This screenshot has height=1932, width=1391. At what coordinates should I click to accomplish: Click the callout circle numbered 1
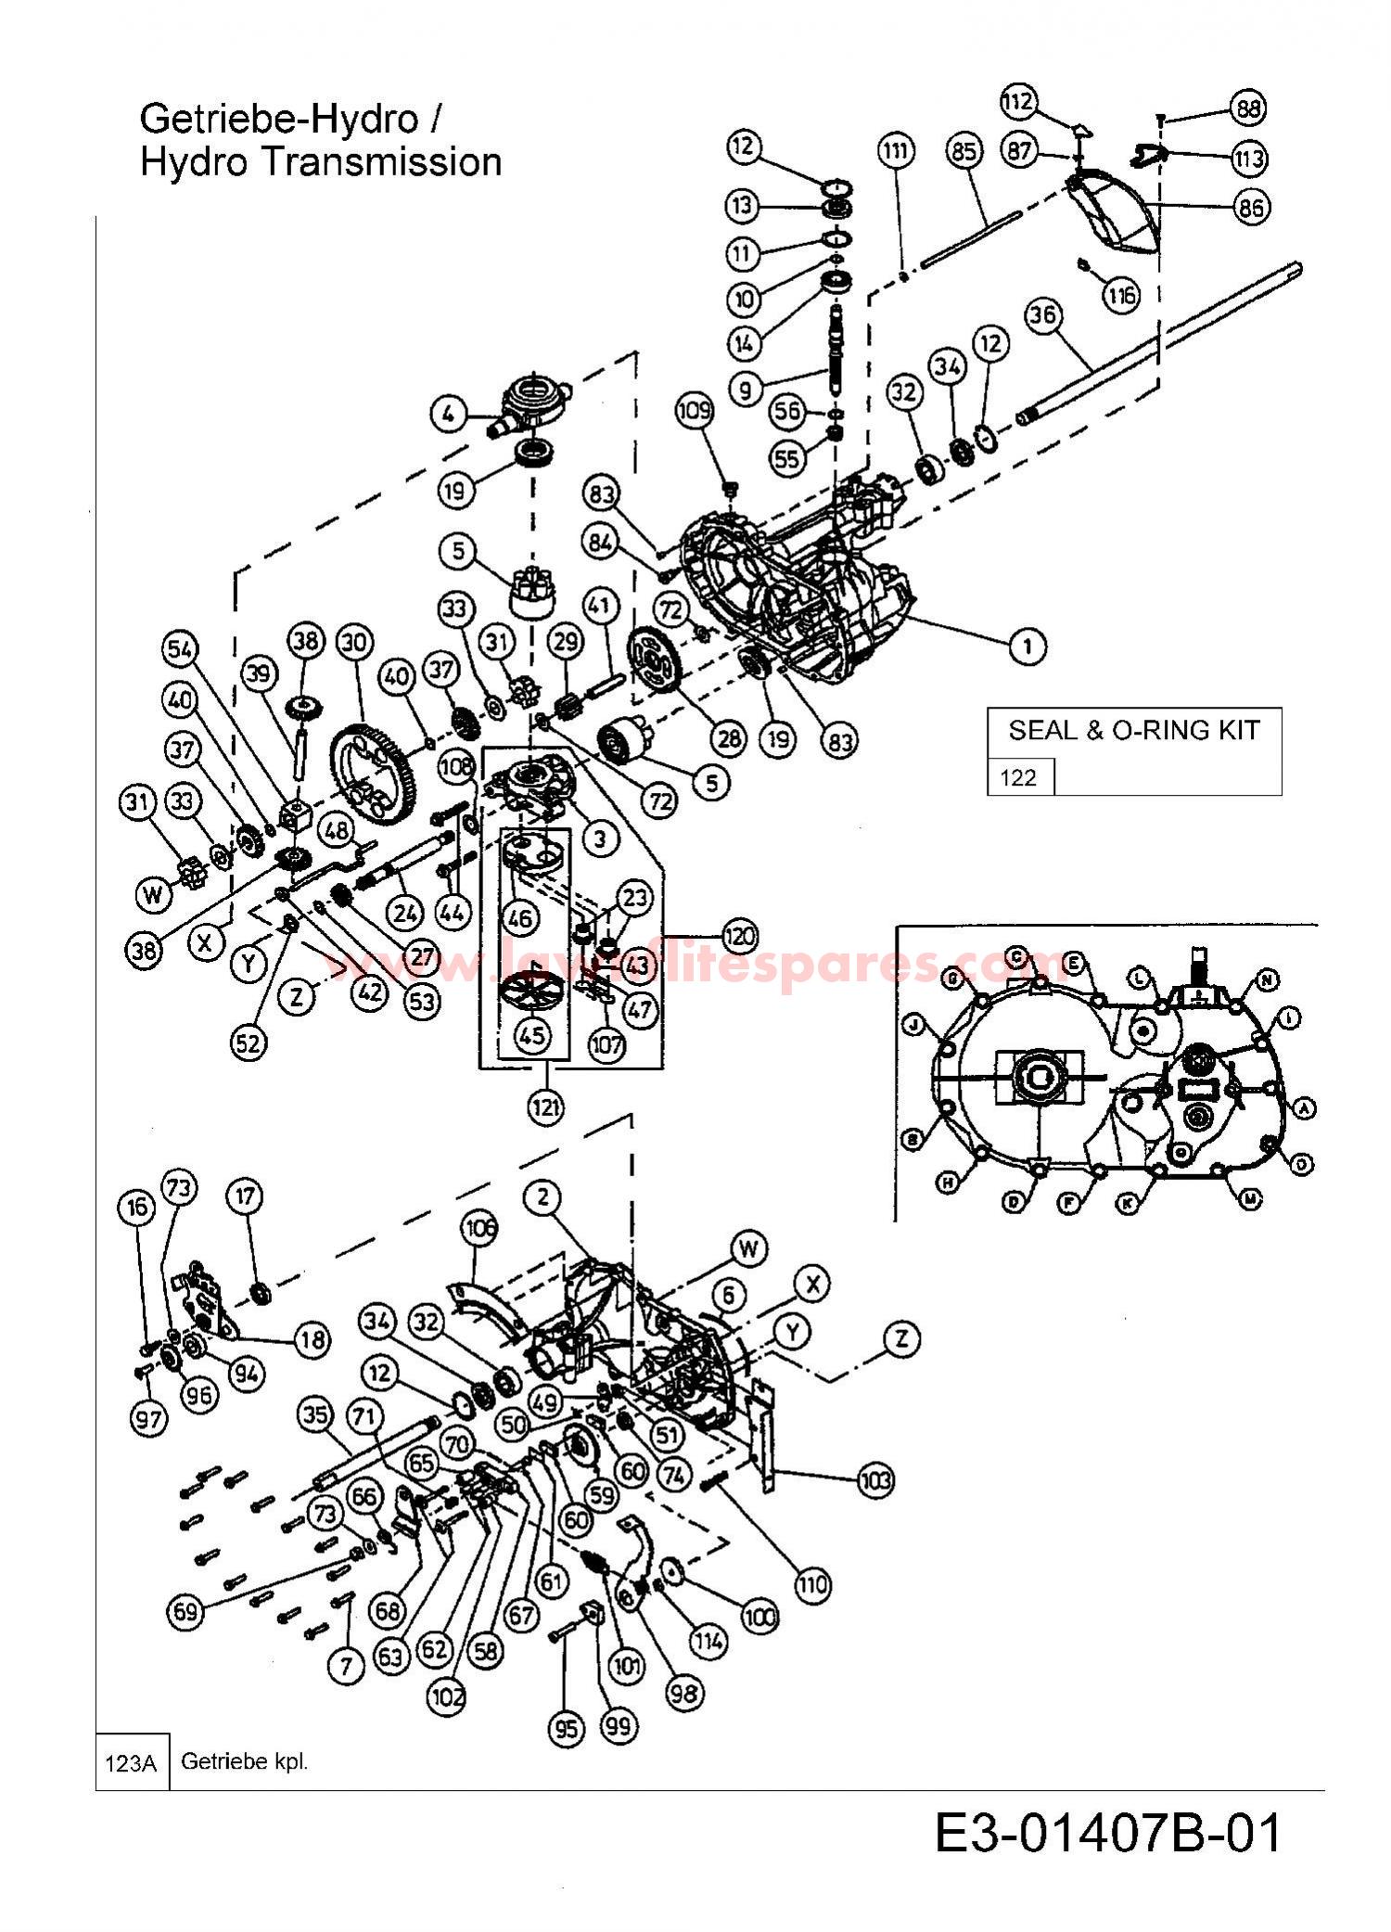1027,646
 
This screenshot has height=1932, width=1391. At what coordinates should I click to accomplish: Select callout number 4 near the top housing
450,414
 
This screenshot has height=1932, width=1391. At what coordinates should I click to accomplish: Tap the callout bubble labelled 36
1042,315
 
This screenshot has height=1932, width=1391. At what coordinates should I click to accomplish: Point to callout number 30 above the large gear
354,642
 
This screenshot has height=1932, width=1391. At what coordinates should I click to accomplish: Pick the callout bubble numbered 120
738,935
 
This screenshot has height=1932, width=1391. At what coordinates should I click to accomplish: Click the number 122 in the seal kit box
1018,777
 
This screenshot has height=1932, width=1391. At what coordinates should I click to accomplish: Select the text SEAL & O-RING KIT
1133,730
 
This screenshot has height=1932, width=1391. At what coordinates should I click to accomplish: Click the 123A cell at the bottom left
131,1762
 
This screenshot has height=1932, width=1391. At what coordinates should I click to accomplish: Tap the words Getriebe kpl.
244,1761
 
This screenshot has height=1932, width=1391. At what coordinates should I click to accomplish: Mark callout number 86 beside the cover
1250,207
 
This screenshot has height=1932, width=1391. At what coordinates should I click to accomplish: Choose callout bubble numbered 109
695,411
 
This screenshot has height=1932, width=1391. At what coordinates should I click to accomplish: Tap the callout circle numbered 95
566,1728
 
